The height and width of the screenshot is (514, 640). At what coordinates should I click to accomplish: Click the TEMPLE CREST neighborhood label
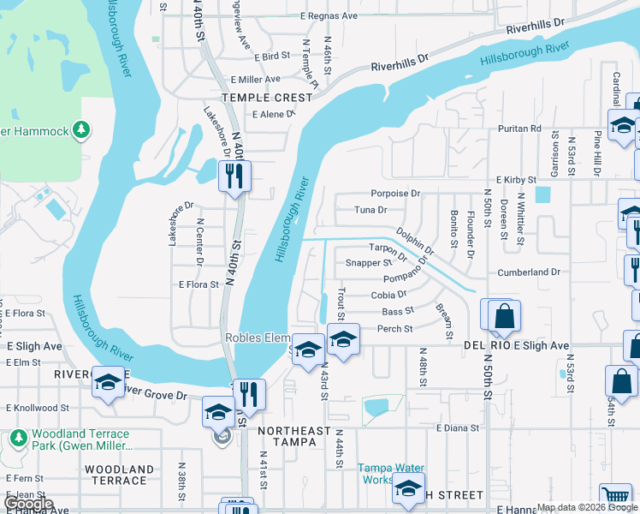(257, 98)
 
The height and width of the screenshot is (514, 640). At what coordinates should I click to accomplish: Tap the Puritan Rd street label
(520, 128)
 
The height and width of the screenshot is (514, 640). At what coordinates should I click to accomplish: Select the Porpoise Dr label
(395, 194)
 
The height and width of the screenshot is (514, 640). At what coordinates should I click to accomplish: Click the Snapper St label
(368, 263)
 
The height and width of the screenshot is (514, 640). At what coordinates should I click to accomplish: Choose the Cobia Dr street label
(388, 295)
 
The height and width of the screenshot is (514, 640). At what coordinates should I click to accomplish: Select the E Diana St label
(460, 427)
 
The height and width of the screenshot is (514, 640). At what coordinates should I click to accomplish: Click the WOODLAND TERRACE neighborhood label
(120, 476)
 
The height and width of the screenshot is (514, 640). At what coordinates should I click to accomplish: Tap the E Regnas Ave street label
(329, 16)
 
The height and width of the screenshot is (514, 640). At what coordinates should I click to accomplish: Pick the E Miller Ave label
(255, 79)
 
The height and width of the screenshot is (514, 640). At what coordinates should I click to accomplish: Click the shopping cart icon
(616, 494)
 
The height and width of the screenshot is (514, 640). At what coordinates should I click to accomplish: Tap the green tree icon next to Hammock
(81, 130)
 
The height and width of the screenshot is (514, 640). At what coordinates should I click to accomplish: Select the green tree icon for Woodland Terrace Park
(19, 438)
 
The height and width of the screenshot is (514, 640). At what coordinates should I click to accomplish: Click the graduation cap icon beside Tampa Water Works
(408, 488)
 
